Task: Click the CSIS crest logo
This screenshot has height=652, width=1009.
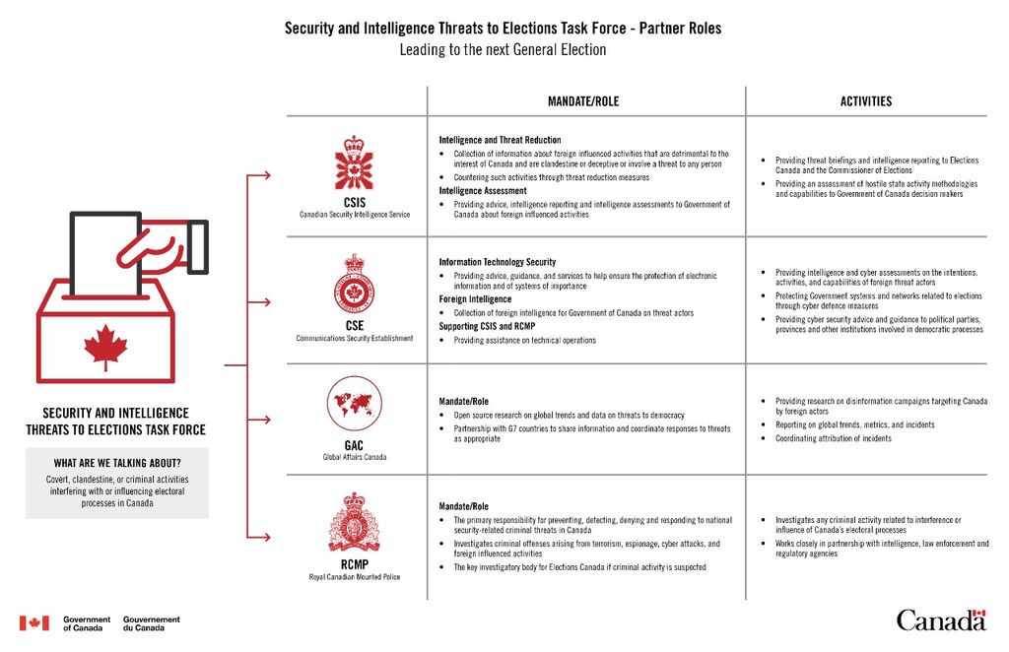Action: pyautogui.click(x=354, y=163)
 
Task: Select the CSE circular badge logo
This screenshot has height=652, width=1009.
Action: pyautogui.click(x=354, y=284)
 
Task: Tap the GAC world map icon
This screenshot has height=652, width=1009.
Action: pyautogui.click(x=354, y=403)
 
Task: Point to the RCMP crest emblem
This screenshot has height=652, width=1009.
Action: pyautogui.click(x=354, y=522)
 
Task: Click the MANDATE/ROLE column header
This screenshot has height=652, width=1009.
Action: pyautogui.click(x=583, y=100)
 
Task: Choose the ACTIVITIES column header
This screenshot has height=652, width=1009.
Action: pyautogui.click(x=865, y=100)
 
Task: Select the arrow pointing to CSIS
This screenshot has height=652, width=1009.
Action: pyautogui.click(x=259, y=175)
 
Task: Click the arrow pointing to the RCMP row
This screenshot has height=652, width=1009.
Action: pyautogui.click(x=259, y=537)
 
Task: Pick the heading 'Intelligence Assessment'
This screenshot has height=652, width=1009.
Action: pyautogui.click(x=483, y=191)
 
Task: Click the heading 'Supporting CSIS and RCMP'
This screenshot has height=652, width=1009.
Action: pyautogui.click(x=487, y=326)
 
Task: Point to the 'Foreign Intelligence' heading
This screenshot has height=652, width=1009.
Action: pyautogui.click(x=475, y=299)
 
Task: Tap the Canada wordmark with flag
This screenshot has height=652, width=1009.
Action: pyautogui.click(x=941, y=619)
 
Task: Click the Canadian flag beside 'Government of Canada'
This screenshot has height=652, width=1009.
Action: pyautogui.click(x=34, y=623)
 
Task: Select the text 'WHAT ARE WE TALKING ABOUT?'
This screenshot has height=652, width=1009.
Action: pyautogui.click(x=117, y=463)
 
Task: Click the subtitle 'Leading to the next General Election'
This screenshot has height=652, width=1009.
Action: pyautogui.click(x=503, y=49)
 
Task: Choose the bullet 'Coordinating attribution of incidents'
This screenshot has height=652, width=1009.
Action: pyautogui.click(x=834, y=438)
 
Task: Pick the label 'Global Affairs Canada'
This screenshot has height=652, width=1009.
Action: pyautogui.click(x=354, y=457)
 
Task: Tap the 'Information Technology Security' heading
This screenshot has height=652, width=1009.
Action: pyautogui.click(x=498, y=262)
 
